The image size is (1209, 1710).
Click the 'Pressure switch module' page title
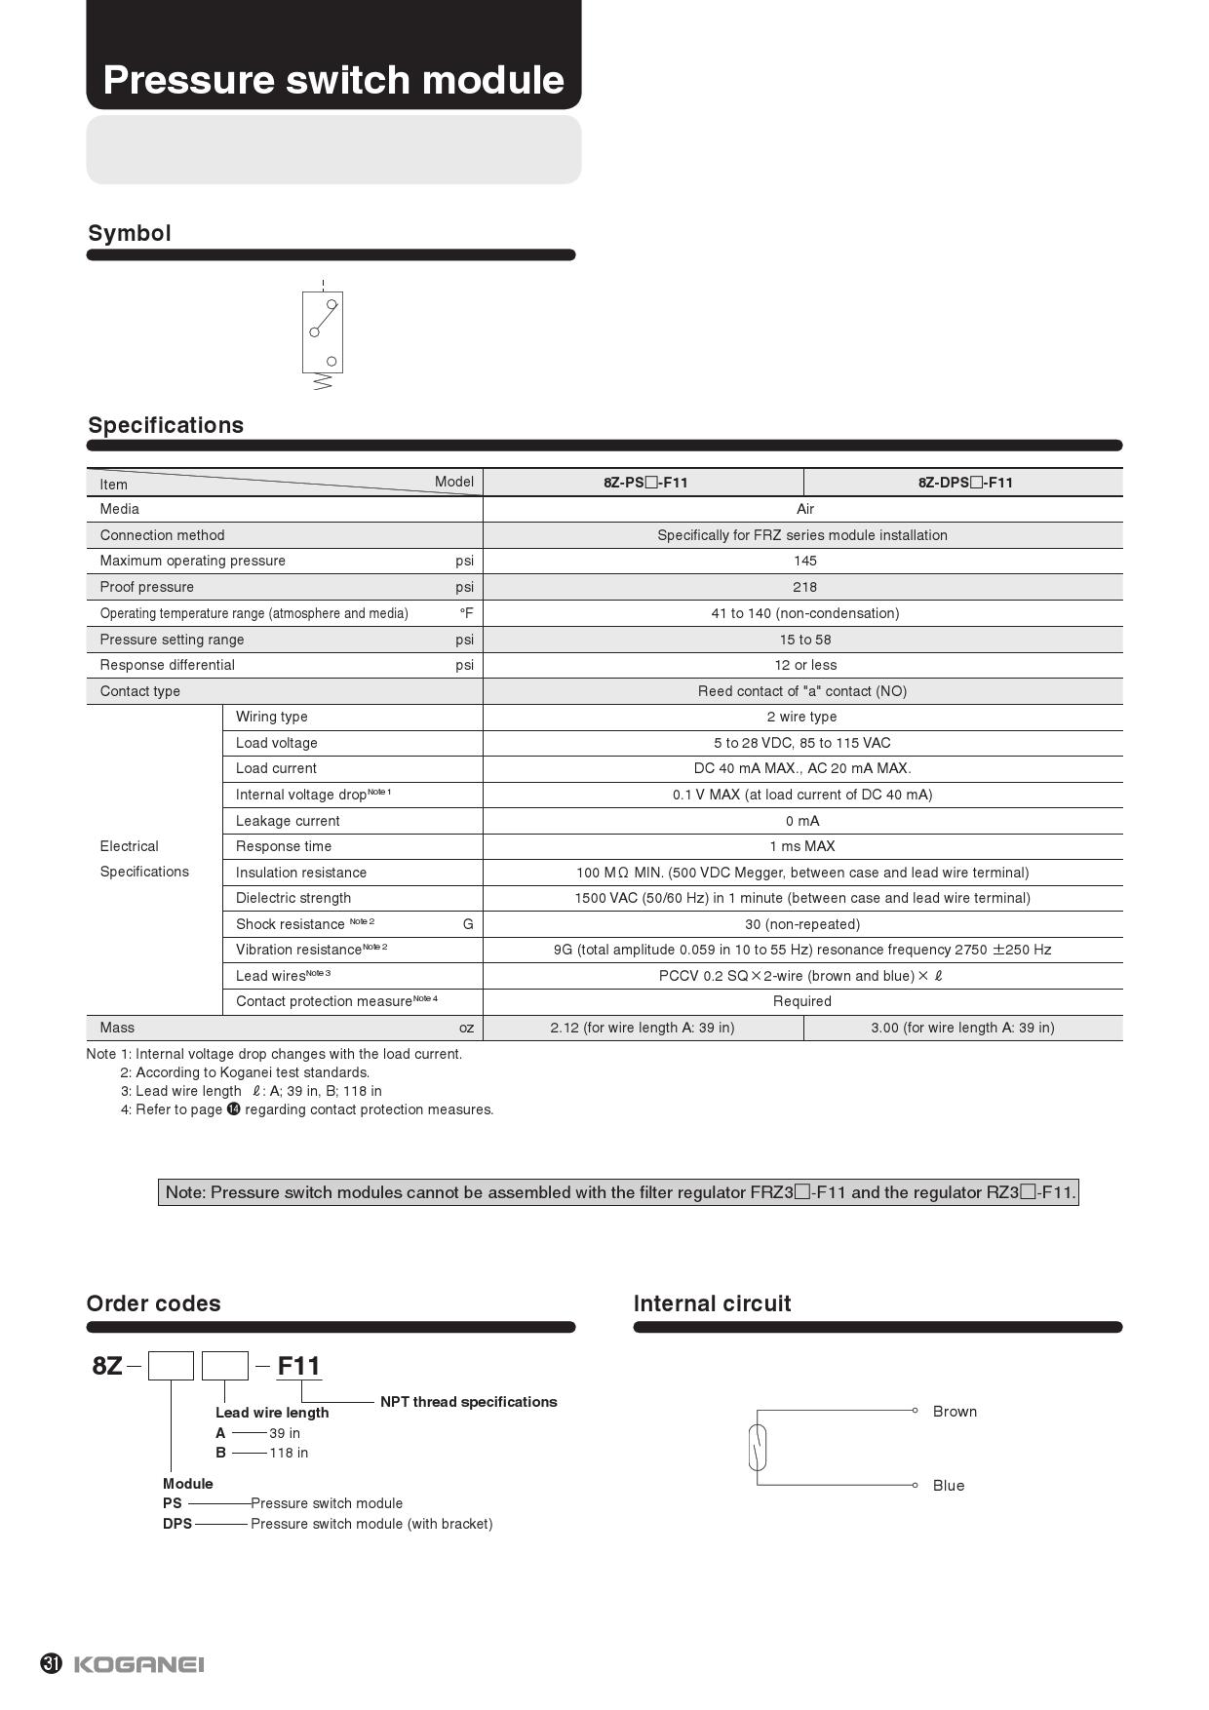333,80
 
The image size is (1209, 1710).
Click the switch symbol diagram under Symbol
323,333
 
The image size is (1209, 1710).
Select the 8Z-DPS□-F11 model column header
964,483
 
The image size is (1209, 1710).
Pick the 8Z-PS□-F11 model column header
644,483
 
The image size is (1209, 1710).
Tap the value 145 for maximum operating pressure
804,561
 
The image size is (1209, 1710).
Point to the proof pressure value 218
804,587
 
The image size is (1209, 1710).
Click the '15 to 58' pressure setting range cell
804,640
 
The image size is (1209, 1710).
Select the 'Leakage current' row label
288,821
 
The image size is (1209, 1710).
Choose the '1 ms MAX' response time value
802,846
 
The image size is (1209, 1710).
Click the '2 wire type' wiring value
801,717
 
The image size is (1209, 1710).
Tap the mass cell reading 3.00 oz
962,1028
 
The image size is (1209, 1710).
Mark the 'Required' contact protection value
802,1001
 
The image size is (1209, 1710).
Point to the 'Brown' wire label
955,1412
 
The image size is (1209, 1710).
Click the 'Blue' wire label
949,1486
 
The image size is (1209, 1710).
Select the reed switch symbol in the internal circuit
758,1448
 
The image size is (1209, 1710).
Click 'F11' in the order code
298,1366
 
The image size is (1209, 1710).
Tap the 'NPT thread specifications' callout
469,1402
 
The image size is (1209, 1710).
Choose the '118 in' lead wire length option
289,1453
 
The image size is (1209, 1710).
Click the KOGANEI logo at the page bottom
138,1664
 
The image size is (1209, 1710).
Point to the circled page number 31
52,1663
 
